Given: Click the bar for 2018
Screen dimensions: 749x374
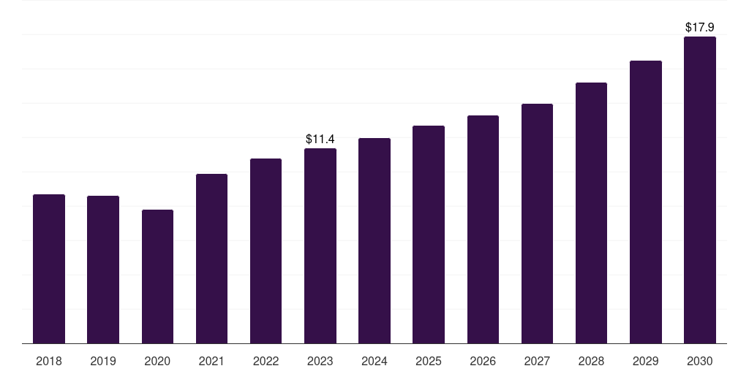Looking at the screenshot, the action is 49,269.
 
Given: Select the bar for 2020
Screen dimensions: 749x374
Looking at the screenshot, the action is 158,277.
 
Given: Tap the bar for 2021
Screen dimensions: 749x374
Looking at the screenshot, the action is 211,259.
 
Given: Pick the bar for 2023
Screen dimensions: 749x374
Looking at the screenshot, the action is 320,246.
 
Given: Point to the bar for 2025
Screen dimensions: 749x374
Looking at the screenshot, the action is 429,234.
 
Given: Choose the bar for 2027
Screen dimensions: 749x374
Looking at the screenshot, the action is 537,224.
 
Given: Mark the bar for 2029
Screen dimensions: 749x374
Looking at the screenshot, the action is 646,202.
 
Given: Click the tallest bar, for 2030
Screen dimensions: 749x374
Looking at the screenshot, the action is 700,190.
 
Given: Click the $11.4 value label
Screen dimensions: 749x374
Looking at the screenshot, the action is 320,140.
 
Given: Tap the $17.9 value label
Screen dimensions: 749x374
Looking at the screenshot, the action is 700,27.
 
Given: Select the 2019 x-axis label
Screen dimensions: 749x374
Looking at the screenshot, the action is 103,361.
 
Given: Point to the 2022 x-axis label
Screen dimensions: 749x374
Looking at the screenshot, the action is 266,361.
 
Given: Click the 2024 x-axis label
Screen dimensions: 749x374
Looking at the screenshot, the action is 374,361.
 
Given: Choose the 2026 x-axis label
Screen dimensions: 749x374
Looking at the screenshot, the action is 483,361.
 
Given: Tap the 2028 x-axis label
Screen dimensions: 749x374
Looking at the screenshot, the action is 591,361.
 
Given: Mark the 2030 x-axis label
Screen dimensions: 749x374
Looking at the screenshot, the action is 700,361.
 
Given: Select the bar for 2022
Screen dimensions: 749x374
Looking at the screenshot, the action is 266,251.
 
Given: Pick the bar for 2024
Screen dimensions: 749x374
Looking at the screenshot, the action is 374,241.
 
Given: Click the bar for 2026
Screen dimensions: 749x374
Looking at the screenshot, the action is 483,229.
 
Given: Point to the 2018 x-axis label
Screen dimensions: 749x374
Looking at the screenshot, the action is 49,361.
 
